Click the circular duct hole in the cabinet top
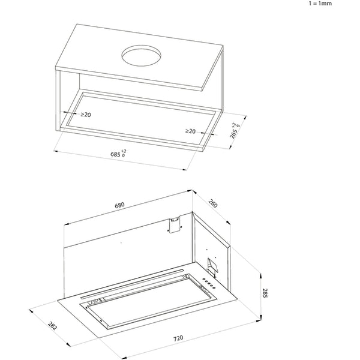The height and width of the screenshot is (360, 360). [141, 57]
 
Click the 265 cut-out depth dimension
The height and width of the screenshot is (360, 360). [233, 136]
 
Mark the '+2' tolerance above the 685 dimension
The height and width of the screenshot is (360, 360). [124, 150]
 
